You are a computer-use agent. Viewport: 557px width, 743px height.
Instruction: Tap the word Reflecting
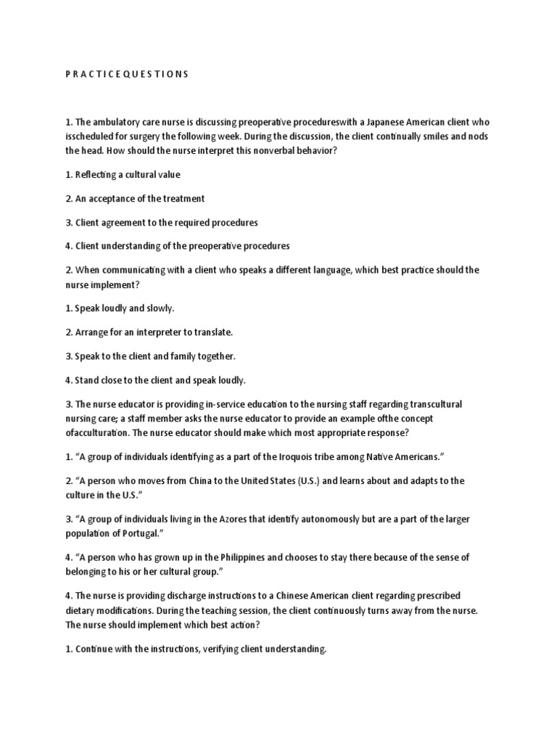(99, 175)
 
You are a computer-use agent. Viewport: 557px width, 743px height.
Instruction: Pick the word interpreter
(160, 332)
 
